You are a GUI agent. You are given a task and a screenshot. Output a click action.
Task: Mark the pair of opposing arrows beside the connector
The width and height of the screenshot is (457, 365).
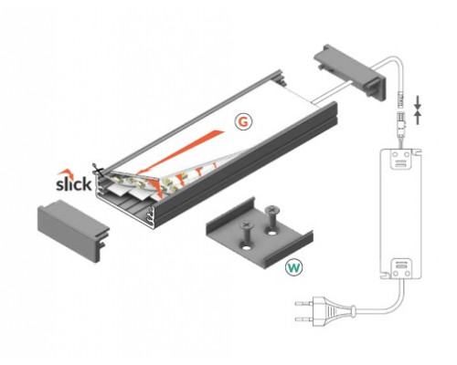(420, 109)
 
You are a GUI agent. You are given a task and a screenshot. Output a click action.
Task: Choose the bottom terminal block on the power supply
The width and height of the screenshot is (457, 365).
(399, 267)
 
